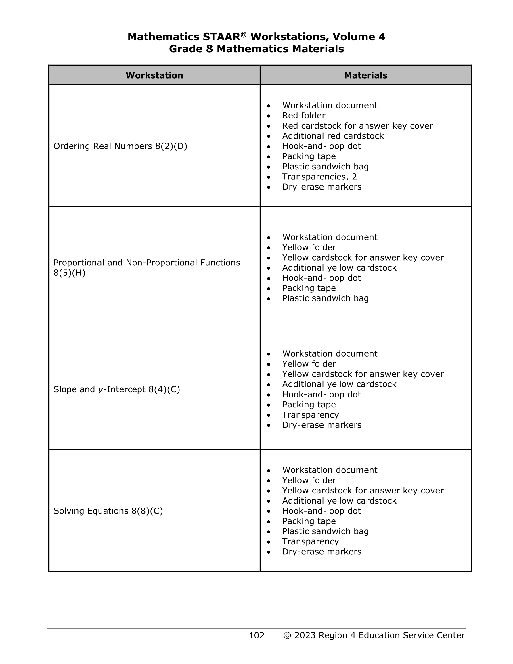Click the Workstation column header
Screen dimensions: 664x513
154,75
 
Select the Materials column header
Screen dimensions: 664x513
365,75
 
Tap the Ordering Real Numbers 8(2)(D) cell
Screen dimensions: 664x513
120,146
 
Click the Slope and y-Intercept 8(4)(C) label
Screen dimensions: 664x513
116,389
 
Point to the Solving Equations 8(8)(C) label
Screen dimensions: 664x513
108,511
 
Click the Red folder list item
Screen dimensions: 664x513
303,116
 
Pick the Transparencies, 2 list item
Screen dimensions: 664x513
319,177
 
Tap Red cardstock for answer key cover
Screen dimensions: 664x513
357,126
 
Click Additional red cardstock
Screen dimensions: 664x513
333,136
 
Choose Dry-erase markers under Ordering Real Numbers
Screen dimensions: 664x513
322,187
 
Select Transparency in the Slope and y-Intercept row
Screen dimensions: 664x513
310,415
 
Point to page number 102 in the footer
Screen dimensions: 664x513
256,636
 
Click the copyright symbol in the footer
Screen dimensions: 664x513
287,636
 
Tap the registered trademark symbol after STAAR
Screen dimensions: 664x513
243,35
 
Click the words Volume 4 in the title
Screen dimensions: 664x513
359,37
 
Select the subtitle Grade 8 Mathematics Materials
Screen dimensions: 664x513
256,49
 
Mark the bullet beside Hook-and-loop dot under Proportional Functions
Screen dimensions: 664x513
269,278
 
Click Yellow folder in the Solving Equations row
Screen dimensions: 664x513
309,480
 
